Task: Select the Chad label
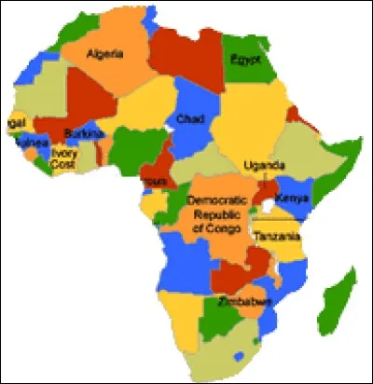pyautogui.click(x=189, y=119)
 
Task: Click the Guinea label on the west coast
pyautogui.click(x=31, y=143)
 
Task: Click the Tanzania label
pyautogui.click(x=276, y=236)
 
